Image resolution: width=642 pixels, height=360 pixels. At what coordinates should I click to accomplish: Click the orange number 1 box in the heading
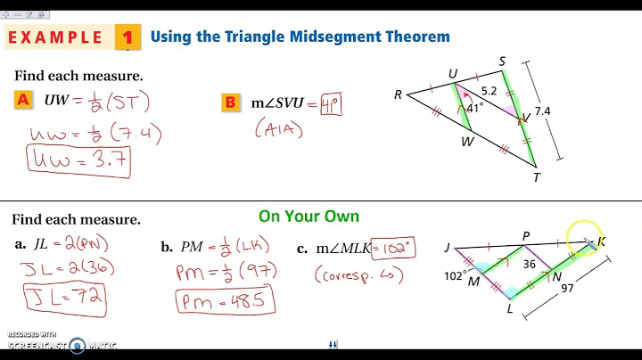(x=128, y=37)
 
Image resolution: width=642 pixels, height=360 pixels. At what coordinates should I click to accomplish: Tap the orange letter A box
(x=24, y=100)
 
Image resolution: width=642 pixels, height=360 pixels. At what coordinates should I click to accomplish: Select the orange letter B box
(x=230, y=102)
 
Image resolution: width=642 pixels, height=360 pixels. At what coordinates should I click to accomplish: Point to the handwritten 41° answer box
(x=331, y=103)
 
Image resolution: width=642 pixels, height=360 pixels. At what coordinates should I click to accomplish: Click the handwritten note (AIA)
(x=279, y=130)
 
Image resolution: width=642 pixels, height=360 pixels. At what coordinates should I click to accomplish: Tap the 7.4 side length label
(x=542, y=110)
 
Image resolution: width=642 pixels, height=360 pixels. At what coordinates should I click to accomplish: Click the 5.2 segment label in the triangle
(x=490, y=90)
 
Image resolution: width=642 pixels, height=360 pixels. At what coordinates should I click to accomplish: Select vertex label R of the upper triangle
(x=399, y=94)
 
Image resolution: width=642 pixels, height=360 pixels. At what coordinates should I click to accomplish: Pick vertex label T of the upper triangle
(x=537, y=176)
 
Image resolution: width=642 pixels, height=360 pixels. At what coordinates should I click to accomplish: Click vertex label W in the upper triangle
(x=466, y=140)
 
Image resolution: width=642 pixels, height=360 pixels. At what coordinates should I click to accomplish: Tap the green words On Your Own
(x=309, y=216)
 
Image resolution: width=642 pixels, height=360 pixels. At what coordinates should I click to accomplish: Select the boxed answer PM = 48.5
(x=224, y=300)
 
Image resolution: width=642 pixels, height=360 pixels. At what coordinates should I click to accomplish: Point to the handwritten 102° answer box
(x=391, y=249)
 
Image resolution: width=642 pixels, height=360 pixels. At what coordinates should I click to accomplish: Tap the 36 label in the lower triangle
(x=530, y=264)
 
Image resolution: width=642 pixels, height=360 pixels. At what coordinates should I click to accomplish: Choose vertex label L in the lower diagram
(x=510, y=309)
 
